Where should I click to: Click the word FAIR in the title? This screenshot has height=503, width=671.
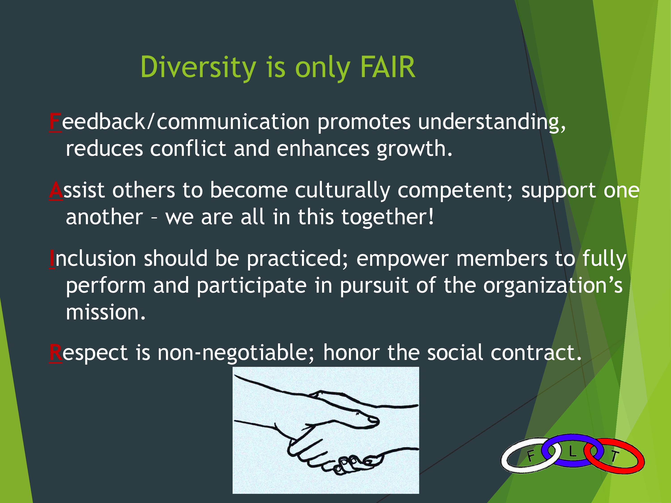pos(388,67)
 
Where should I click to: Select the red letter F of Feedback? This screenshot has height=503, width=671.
pos(55,122)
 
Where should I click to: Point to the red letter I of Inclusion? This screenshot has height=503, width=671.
pos(52,259)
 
